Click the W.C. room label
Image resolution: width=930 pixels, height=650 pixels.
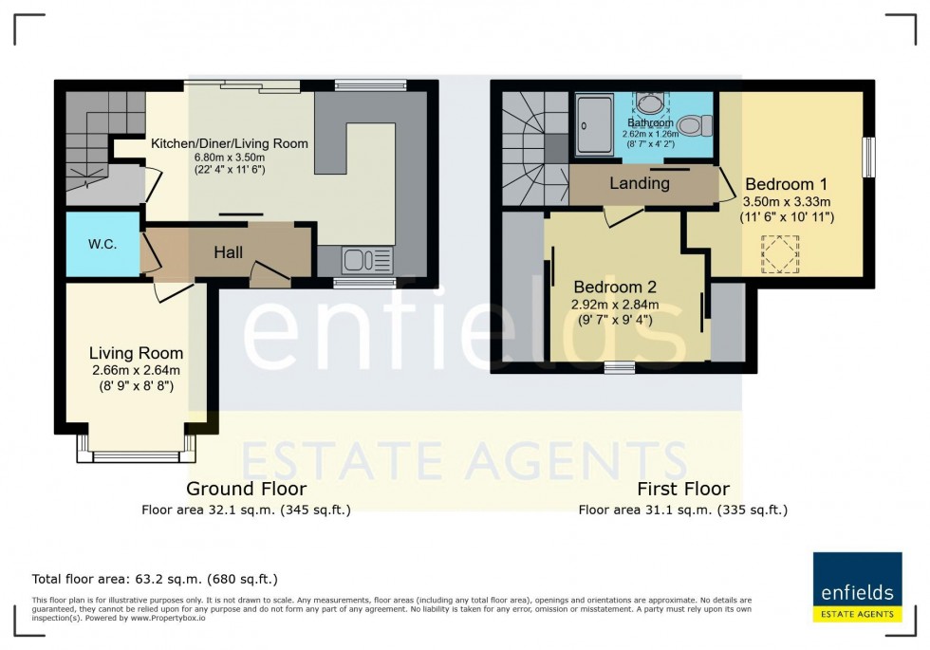pyautogui.click(x=102, y=244)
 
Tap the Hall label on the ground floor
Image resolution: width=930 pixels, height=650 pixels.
pyautogui.click(x=228, y=252)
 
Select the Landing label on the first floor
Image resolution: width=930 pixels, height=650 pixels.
pyautogui.click(x=639, y=183)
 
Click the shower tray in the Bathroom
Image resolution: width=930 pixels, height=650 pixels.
pyautogui.click(x=595, y=123)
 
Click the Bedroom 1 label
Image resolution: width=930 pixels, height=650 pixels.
pyautogui.click(x=787, y=183)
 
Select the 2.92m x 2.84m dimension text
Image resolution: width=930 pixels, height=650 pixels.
pyautogui.click(x=614, y=305)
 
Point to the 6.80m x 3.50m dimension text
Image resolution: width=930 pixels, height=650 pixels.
pyautogui.click(x=230, y=158)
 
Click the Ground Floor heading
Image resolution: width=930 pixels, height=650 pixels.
pyautogui.click(x=246, y=489)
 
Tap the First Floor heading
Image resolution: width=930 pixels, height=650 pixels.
pyautogui.click(x=682, y=489)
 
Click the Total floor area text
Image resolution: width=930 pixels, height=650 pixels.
pyautogui.click(x=155, y=578)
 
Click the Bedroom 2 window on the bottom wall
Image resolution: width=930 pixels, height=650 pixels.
pyautogui.click(x=620, y=368)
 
